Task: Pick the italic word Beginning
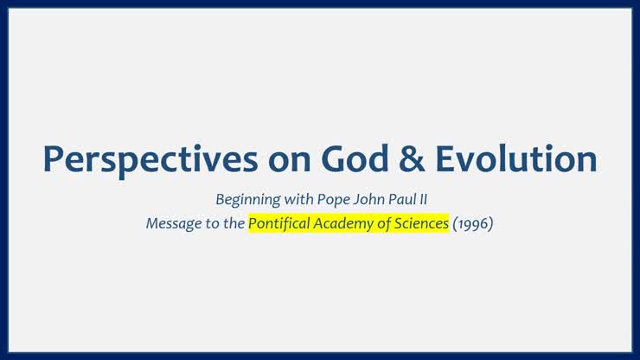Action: pos(245,200)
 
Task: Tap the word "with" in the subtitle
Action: pos(293,199)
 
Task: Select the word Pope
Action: pos(330,200)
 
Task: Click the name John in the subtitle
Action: pos(367,199)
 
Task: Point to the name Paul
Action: pos(402,199)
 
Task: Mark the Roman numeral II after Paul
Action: pos(426,199)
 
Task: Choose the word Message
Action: pos(171,224)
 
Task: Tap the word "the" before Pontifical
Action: pos(233,224)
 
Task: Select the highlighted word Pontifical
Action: pos(279,224)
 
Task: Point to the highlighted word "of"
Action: pos(384,224)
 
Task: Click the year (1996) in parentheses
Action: pos(473,224)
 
